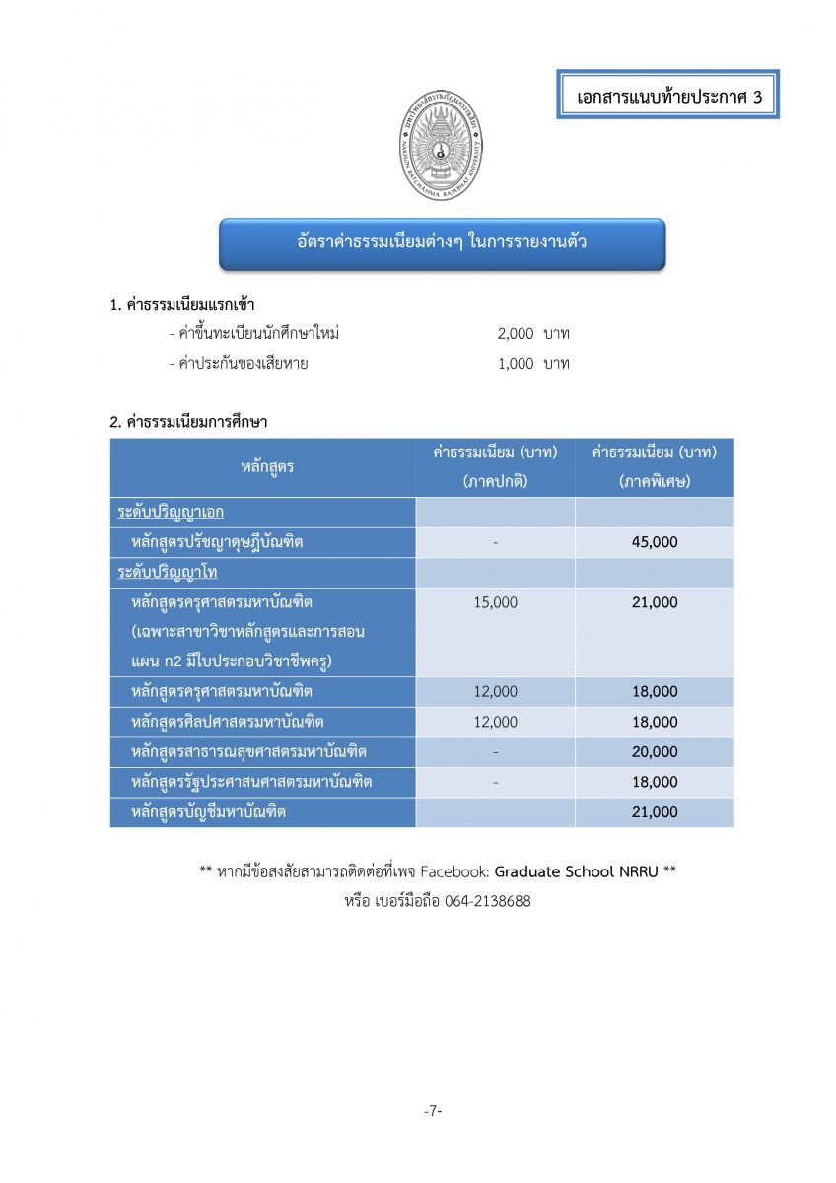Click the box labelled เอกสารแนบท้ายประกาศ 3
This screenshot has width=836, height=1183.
pyautogui.click(x=667, y=96)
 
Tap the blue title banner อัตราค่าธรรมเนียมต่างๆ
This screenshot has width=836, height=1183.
pyautogui.click(x=442, y=242)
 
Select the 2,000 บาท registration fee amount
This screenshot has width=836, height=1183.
pyautogui.click(x=533, y=334)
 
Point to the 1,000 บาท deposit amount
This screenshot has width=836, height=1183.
pyautogui.click(x=533, y=364)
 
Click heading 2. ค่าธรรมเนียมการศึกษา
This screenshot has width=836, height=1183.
pyautogui.click(x=188, y=421)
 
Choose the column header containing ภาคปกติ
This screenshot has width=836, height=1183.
pyautogui.click(x=495, y=467)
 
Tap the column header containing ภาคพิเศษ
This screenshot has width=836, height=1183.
pyautogui.click(x=655, y=467)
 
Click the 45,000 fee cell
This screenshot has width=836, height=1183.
pyautogui.click(x=655, y=542)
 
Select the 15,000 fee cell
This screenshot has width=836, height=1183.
pyautogui.click(x=495, y=602)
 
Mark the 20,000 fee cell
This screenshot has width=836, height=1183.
pyautogui.click(x=655, y=752)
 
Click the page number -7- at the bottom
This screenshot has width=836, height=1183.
pyautogui.click(x=433, y=1111)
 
